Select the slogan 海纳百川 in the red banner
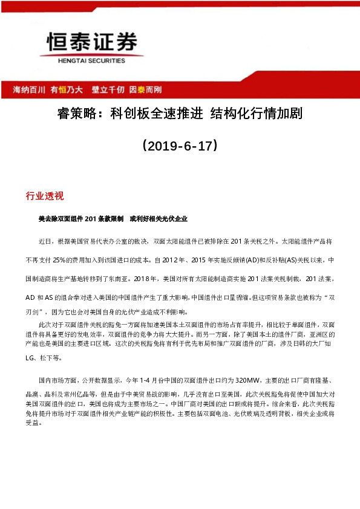pos(29,89)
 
